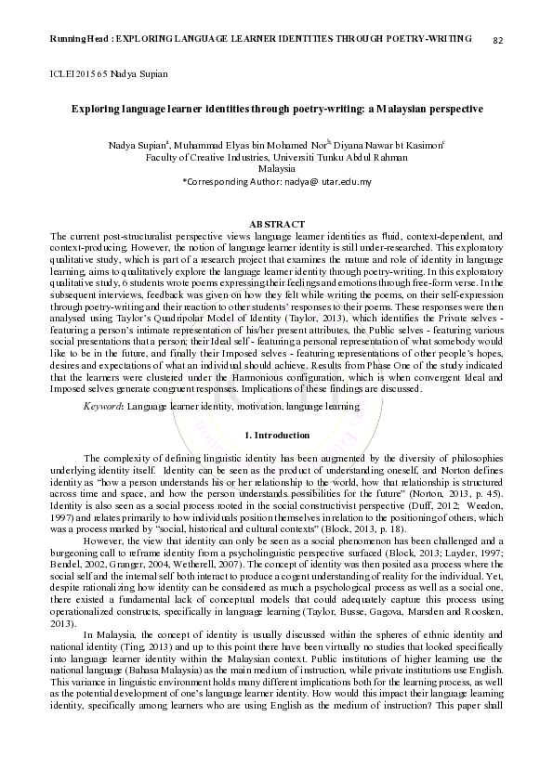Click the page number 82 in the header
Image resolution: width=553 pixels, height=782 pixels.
(x=498, y=40)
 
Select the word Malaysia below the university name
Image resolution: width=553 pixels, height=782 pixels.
(x=276, y=169)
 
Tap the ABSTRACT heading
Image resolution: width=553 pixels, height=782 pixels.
(x=276, y=225)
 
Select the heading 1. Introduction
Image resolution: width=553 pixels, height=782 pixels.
(x=276, y=435)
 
